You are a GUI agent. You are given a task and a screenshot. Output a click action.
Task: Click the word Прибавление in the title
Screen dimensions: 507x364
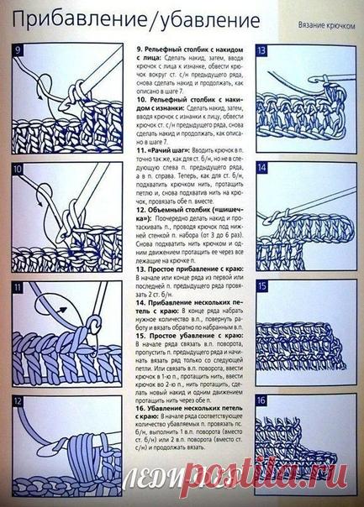click(x=63, y=18)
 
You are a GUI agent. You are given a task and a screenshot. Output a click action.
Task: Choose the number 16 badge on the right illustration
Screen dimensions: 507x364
click(x=262, y=401)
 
